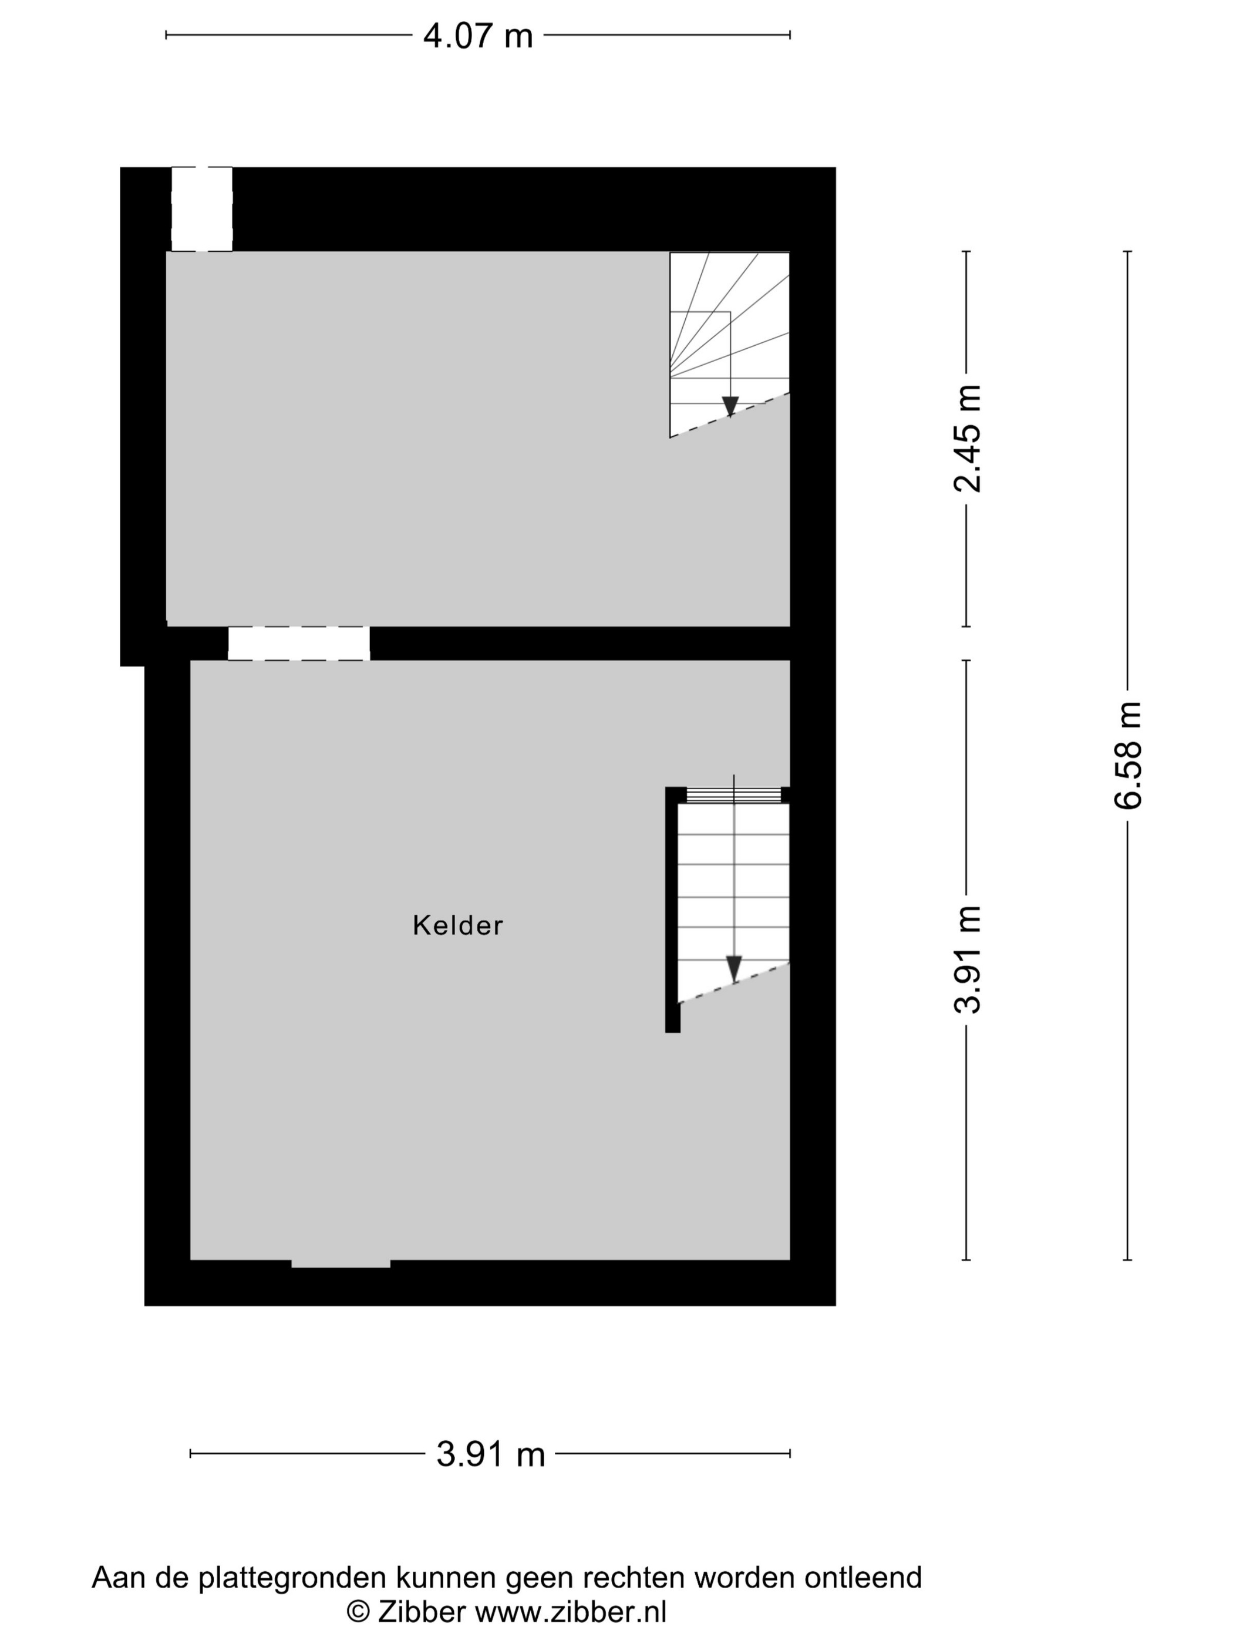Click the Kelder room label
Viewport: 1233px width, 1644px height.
click(458, 925)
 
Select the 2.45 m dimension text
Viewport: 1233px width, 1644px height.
click(967, 439)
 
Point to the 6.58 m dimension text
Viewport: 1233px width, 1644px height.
click(1127, 754)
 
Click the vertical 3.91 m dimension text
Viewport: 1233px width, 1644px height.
click(967, 959)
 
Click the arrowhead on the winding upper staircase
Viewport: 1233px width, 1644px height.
click(730, 406)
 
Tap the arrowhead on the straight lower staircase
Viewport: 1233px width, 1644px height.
click(733, 968)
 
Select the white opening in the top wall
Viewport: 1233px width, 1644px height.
click(201, 209)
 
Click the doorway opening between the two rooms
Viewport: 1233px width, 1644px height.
click(299, 644)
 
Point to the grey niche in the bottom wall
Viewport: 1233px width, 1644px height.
click(341, 1264)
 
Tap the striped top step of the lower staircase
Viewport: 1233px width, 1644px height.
click(733, 795)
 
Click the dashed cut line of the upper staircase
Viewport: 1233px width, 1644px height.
click(730, 415)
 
